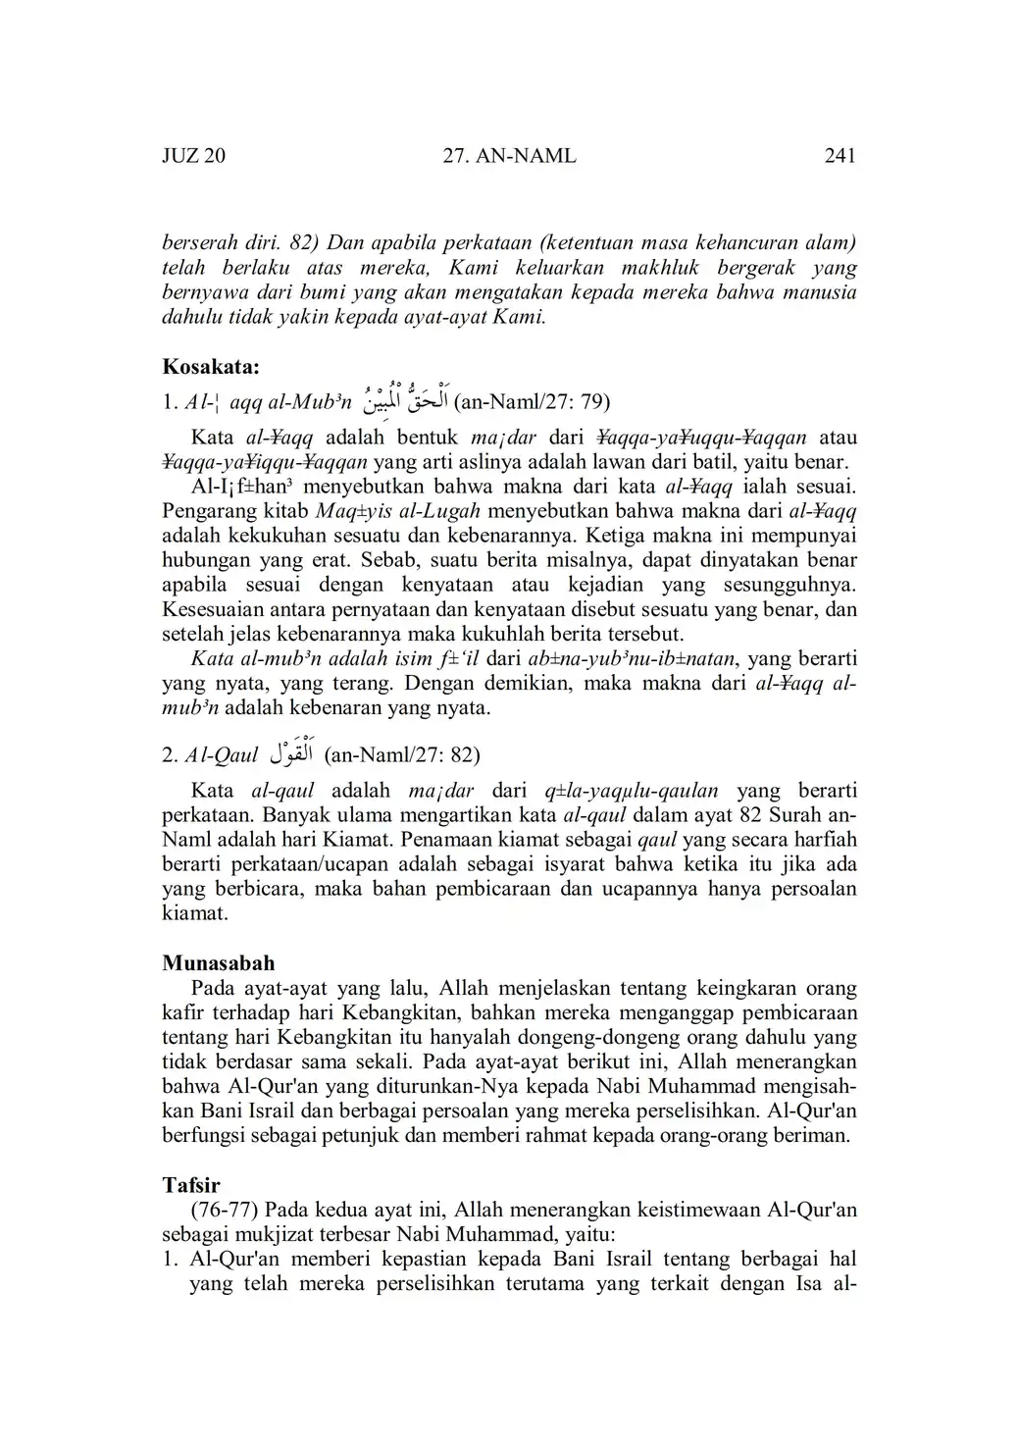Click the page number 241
click(840, 155)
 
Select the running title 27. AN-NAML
click(510, 155)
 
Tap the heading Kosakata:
click(211, 368)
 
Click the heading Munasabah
click(219, 962)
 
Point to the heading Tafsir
click(191, 1185)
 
